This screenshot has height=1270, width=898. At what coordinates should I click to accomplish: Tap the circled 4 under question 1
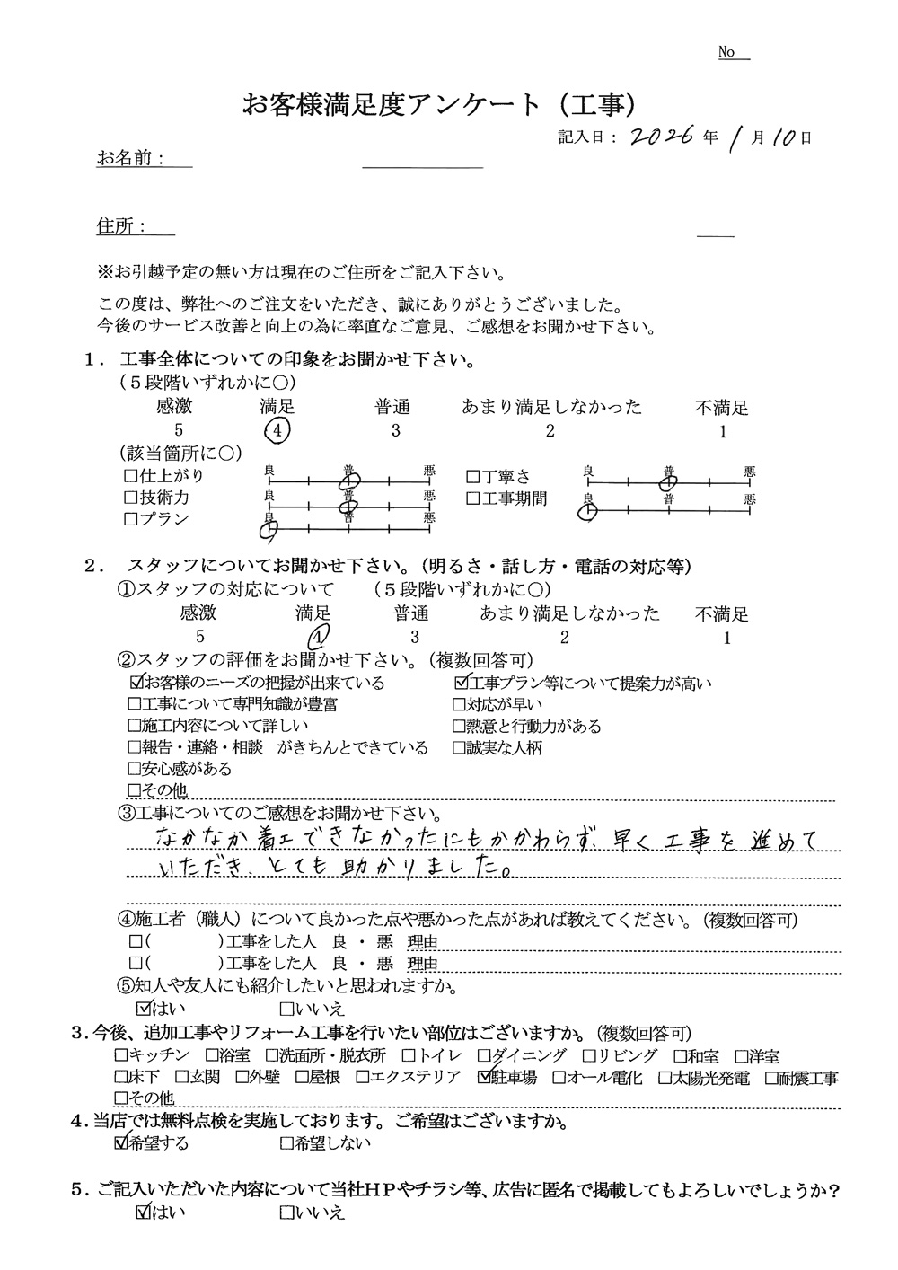(278, 431)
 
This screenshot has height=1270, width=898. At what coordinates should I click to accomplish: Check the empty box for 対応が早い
(460, 705)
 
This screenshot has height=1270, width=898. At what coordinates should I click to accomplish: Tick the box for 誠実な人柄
(460, 748)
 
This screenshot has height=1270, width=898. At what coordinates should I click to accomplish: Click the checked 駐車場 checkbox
(486, 1078)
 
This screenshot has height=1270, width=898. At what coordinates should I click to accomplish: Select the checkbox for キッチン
(121, 1056)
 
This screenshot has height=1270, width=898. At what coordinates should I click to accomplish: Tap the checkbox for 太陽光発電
(665, 1079)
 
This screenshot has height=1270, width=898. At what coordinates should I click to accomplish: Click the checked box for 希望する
(121, 1143)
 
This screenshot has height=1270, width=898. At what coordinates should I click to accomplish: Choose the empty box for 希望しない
(286, 1144)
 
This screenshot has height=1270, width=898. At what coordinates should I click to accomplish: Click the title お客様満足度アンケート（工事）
(440, 105)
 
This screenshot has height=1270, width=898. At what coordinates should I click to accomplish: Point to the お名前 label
(129, 159)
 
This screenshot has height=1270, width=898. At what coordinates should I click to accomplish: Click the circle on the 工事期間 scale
(587, 511)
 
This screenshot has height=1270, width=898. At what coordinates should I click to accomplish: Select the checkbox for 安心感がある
(135, 770)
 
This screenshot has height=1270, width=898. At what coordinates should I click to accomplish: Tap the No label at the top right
(727, 53)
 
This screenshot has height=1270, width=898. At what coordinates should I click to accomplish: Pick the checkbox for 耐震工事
(772, 1079)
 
